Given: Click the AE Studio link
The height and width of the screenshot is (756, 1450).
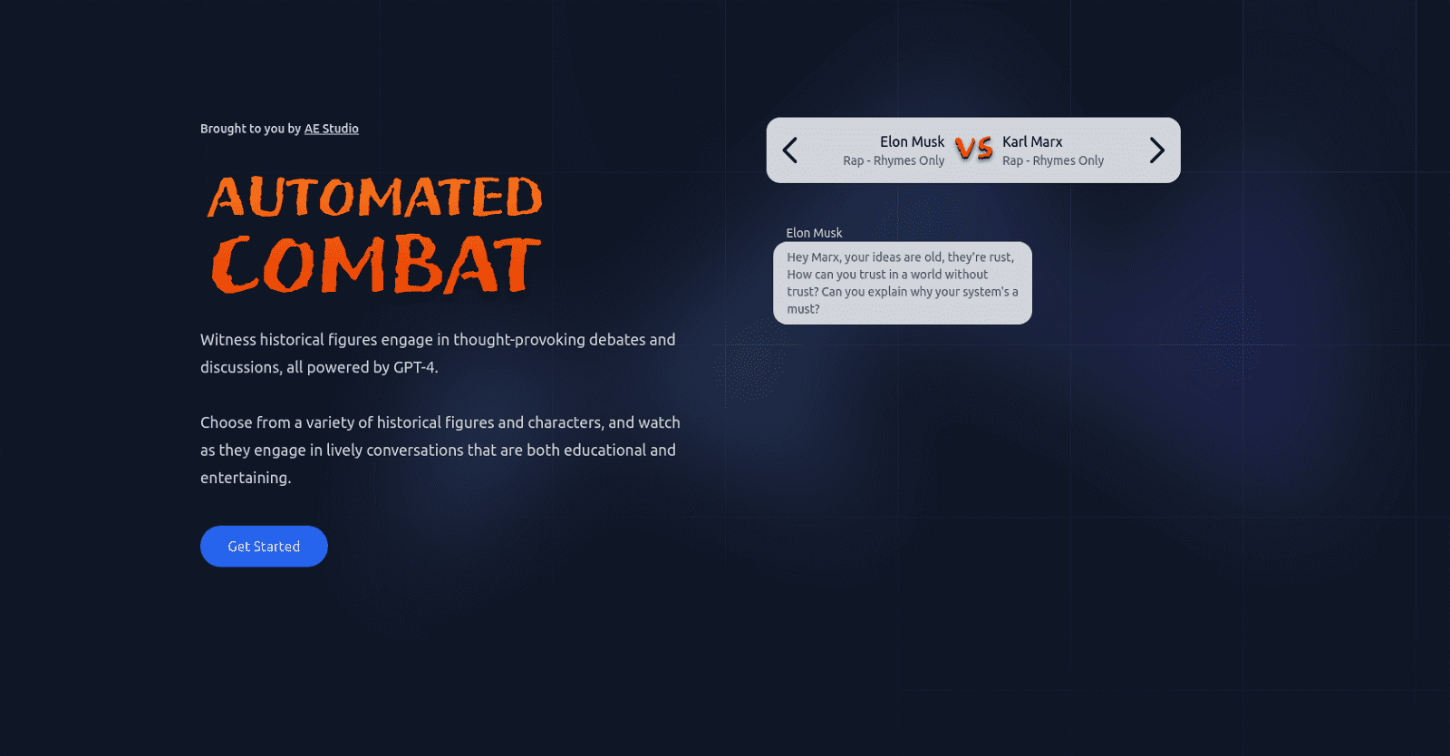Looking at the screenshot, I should [x=331, y=129].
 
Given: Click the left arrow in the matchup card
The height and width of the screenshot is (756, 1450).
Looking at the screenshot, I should [x=790, y=150].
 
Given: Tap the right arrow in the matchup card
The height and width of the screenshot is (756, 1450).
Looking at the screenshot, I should [x=1156, y=150].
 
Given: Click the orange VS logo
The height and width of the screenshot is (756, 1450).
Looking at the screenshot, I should [x=974, y=149].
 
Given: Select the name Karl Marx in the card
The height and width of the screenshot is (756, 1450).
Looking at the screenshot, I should [x=1032, y=141].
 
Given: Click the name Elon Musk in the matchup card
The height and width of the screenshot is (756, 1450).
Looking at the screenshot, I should [x=912, y=141].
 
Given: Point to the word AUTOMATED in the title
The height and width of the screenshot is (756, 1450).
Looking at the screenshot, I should [x=375, y=198].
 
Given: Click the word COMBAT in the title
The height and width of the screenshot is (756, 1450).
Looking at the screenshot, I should [x=376, y=265].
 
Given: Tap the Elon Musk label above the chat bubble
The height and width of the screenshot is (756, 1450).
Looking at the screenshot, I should [x=814, y=233].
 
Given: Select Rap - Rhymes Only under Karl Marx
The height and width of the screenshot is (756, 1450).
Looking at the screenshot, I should [x=1053, y=160].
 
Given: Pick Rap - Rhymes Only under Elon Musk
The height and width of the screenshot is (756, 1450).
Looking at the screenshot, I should [x=894, y=160].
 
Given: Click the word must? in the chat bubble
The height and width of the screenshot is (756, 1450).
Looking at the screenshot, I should [x=803, y=309].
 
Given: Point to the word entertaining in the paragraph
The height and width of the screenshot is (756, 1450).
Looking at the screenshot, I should [x=245, y=478].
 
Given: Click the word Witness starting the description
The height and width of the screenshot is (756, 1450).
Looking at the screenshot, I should [x=228, y=340].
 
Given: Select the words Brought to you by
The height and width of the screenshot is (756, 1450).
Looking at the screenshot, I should [x=250, y=129].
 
